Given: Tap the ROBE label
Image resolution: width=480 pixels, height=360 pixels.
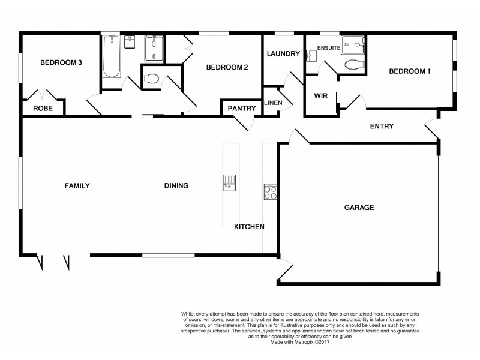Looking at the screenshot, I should coord(43,109).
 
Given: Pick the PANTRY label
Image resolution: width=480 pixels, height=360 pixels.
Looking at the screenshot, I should coord(242,109).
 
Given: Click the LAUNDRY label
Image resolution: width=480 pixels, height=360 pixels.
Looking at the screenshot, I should coord(283,54).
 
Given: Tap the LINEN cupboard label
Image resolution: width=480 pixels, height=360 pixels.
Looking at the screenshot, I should coord(273,103).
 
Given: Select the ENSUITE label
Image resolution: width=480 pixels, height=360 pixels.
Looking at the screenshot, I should coord(329,47).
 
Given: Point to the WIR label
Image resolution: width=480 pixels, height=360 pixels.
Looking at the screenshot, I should coord(320,95).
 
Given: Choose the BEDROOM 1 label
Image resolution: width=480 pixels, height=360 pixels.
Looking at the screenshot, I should coord(410,71).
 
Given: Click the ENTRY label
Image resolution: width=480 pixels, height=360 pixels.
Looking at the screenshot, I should coord(382,126).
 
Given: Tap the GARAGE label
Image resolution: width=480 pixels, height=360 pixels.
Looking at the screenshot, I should coord(359,208).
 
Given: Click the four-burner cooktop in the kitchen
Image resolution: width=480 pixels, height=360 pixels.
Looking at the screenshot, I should coord(270,192).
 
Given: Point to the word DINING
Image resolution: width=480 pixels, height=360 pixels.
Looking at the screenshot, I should coord(176,186).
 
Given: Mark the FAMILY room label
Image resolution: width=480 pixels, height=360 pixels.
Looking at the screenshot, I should coord(77,186).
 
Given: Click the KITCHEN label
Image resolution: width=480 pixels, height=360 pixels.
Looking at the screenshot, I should coord(249,227).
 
